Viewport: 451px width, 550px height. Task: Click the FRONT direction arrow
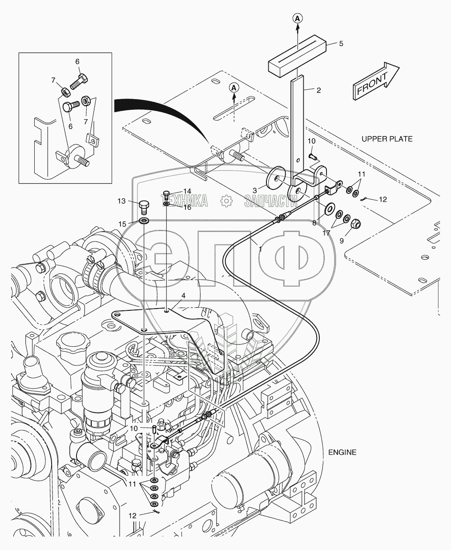(x=375, y=80)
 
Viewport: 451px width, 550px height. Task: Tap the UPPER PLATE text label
(x=387, y=139)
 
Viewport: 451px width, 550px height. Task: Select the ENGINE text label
(x=342, y=452)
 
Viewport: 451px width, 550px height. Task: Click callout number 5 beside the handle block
(x=341, y=44)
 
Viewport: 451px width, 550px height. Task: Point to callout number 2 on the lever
(x=318, y=90)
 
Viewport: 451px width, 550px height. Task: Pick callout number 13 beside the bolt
(x=121, y=201)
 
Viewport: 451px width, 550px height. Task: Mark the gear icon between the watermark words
(x=226, y=201)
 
